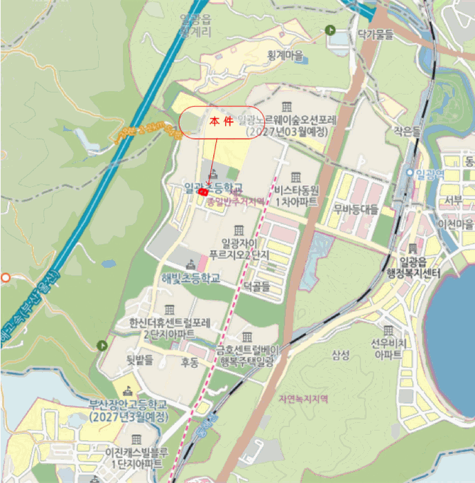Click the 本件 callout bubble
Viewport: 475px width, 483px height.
221,122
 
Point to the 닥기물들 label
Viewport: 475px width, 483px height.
375,32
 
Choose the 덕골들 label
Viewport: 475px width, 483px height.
256,284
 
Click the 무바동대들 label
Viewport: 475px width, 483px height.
356,208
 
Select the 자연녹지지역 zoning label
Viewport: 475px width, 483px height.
304,399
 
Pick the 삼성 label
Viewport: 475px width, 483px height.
341,355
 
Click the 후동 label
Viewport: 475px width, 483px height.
189,362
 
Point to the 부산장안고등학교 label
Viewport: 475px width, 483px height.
128,411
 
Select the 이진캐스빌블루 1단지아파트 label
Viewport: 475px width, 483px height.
136,457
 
